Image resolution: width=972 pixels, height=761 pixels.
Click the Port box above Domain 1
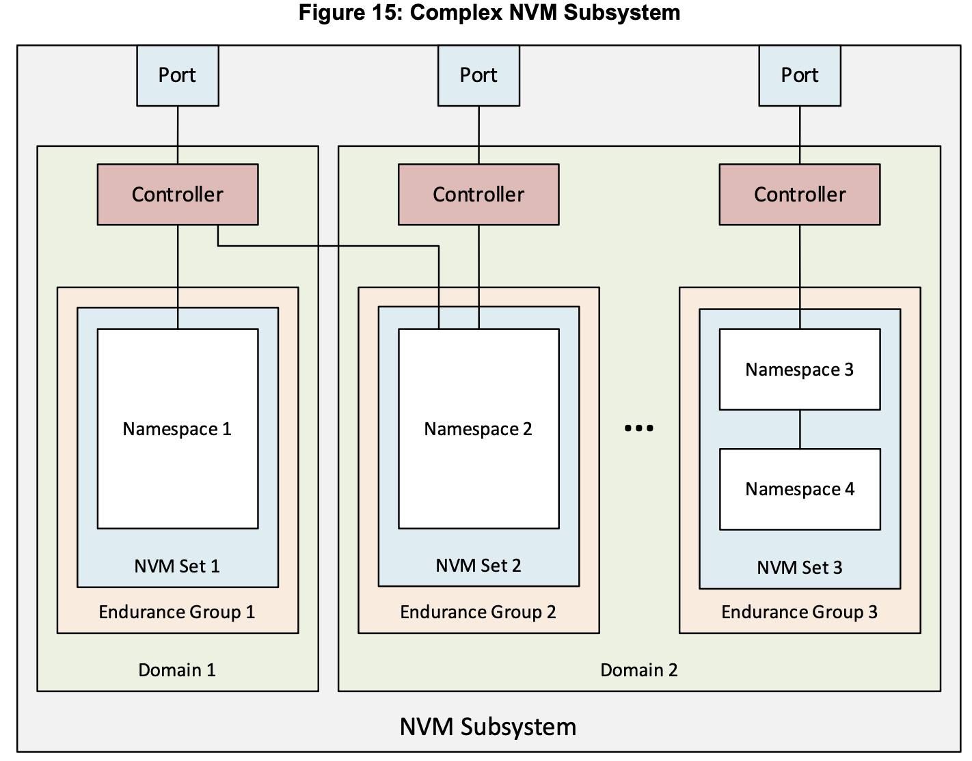click(x=177, y=75)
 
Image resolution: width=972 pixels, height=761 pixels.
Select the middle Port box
click(x=478, y=75)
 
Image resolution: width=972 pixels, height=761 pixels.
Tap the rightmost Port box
click(x=799, y=75)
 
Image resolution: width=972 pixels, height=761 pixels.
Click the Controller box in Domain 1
click(x=177, y=195)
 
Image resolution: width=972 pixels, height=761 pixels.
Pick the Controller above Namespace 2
click(x=478, y=195)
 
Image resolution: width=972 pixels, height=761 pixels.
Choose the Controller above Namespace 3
click(x=799, y=195)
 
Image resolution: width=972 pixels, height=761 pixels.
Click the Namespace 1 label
click(x=177, y=429)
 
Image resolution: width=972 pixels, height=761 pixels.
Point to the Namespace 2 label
click(x=478, y=429)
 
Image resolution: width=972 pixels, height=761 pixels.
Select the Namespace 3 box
click(x=799, y=370)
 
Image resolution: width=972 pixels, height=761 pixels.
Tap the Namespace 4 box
click(x=799, y=489)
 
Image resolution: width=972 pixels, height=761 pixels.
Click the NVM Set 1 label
click(x=177, y=566)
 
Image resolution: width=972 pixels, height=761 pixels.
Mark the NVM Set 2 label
click(x=478, y=566)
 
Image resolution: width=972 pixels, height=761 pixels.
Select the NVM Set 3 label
click(x=799, y=568)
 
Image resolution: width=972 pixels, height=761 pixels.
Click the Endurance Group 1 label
click(x=177, y=612)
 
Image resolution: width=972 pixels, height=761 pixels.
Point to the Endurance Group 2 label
click(x=478, y=612)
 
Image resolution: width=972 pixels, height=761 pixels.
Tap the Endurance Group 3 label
click(x=799, y=612)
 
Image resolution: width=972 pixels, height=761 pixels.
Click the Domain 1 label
click(x=177, y=670)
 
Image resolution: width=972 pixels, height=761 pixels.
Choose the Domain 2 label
click(x=638, y=670)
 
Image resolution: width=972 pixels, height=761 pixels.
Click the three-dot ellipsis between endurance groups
click(x=638, y=428)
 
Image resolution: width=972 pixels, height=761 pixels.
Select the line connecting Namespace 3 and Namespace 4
click(x=800, y=430)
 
